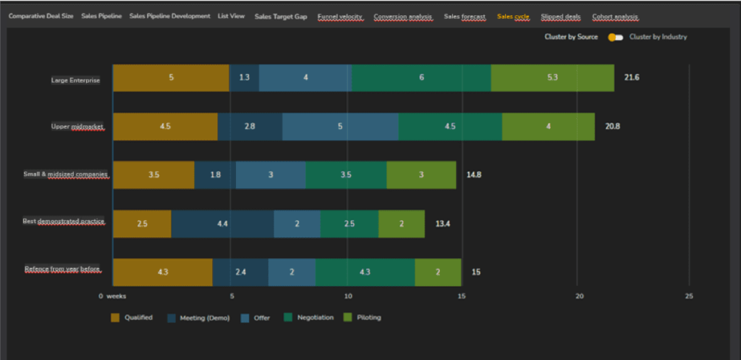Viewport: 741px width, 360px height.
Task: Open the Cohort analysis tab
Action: coord(615,16)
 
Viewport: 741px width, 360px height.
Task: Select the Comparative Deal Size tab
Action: coord(41,16)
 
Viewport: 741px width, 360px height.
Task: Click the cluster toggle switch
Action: coord(615,37)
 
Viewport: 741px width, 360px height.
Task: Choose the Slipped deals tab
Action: coord(562,16)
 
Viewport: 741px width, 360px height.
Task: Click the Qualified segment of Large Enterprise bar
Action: coord(171,78)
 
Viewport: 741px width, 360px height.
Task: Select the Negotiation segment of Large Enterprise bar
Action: coord(421,78)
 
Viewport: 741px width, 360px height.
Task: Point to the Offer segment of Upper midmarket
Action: coord(340,126)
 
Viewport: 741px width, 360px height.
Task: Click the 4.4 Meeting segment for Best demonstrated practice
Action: coord(222,224)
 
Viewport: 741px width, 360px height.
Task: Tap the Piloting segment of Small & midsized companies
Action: coord(421,175)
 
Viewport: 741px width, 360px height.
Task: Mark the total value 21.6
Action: coord(632,78)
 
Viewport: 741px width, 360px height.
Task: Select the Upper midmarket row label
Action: coord(77,127)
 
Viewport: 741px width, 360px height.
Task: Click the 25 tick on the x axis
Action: coord(689,296)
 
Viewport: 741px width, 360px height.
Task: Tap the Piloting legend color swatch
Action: coord(347,317)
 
